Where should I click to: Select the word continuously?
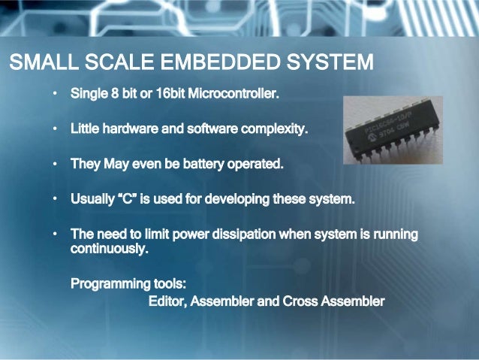[109, 250]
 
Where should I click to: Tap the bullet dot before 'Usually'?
[54, 200]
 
